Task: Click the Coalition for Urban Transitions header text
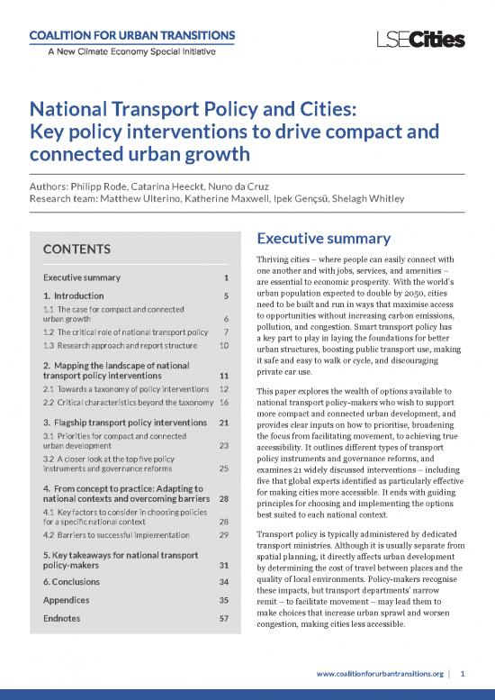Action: pyautogui.click(x=134, y=35)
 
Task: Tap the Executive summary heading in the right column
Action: pyautogui.click(x=323, y=239)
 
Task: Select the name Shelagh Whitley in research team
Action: pyautogui.click(x=368, y=198)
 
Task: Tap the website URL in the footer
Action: pyautogui.click(x=379, y=673)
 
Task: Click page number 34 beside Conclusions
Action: pyautogui.click(x=224, y=581)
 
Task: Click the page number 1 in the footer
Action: pyautogui.click(x=463, y=673)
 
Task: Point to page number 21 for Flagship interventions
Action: pyautogui.click(x=224, y=422)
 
